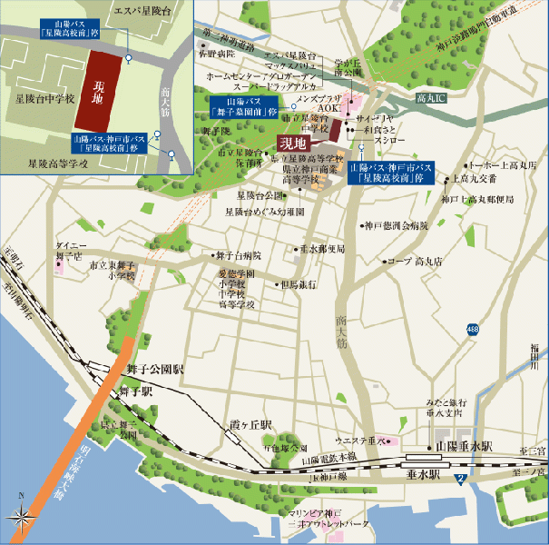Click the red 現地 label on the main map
point(293,143)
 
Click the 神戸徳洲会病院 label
point(395,224)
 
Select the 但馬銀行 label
point(299,284)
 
